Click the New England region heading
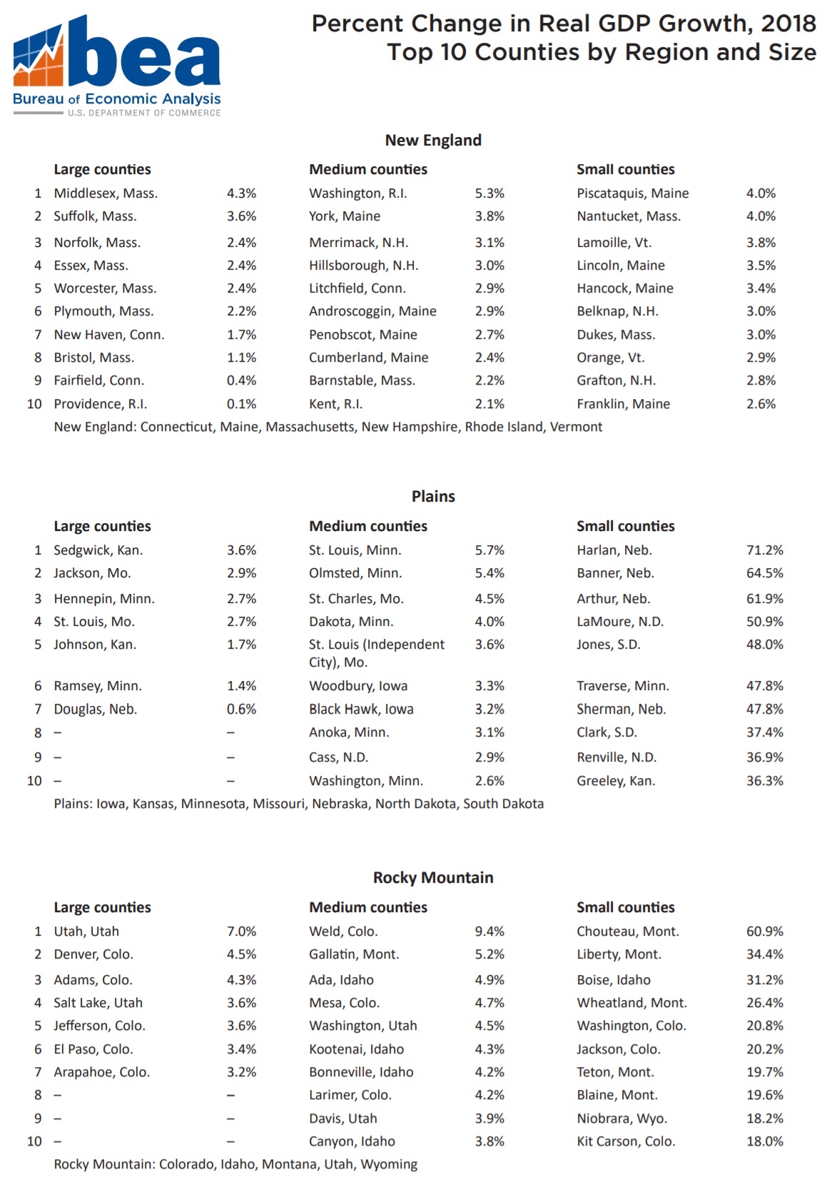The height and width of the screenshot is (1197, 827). pyautogui.click(x=433, y=141)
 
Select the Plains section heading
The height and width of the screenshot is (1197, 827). pyautogui.click(x=433, y=497)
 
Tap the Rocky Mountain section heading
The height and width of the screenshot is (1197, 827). pyautogui.click(x=433, y=878)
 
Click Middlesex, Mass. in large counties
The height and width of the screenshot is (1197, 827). pyautogui.click(x=106, y=193)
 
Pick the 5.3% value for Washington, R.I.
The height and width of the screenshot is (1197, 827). pyautogui.click(x=489, y=193)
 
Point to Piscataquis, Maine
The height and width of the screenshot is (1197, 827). pyautogui.click(x=632, y=193)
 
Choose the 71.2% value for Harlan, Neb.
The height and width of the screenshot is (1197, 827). pyautogui.click(x=764, y=550)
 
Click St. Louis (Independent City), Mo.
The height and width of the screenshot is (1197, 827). pyautogui.click(x=376, y=653)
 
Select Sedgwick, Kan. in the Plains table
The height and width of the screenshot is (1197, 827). pyautogui.click(x=98, y=550)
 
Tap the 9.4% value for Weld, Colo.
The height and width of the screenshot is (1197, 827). pyautogui.click(x=489, y=931)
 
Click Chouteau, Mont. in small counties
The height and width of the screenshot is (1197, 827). pyautogui.click(x=628, y=931)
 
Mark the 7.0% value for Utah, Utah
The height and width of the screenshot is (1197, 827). pyautogui.click(x=241, y=931)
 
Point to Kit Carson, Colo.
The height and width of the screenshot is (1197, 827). pyautogui.click(x=626, y=1141)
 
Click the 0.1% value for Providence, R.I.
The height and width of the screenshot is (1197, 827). pyautogui.click(x=241, y=404)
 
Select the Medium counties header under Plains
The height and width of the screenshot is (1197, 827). pyautogui.click(x=368, y=527)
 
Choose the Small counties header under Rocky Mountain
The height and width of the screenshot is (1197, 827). pyautogui.click(x=625, y=908)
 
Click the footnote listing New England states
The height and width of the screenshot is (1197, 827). pyautogui.click(x=328, y=427)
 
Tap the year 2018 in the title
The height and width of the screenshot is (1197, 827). pyautogui.click(x=788, y=24)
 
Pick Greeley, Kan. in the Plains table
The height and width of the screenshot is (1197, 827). pyautogui.click(x=616, y=781)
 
